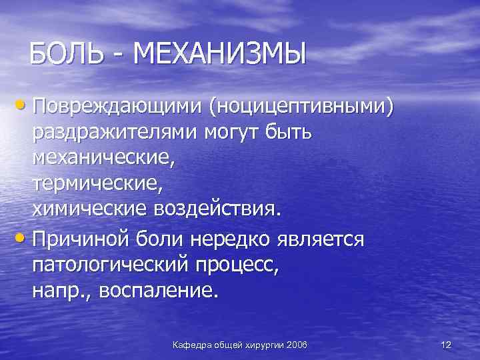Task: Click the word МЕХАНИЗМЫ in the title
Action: (219, 53)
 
